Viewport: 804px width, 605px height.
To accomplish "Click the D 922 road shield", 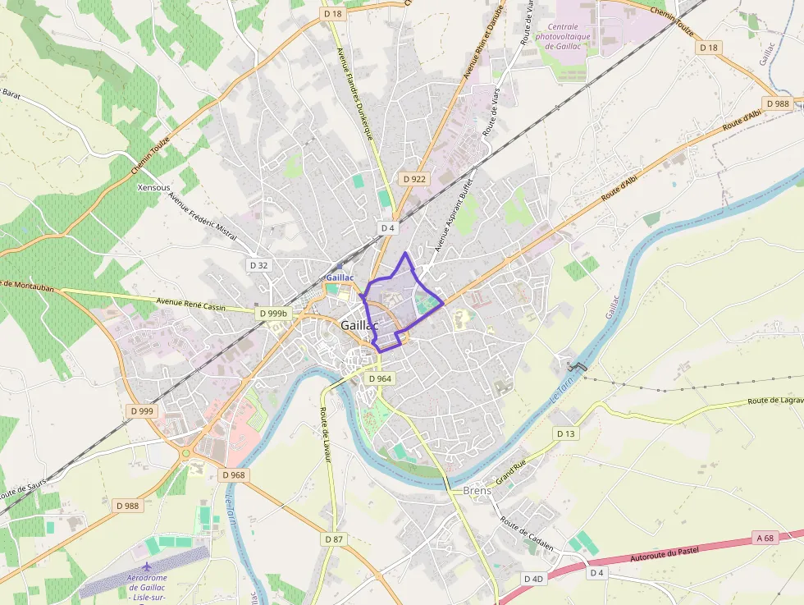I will (415, 178).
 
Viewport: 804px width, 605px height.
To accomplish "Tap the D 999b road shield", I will (273, 313).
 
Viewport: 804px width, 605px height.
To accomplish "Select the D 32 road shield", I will (258, 265).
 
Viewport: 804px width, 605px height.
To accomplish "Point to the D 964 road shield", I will (380, 378).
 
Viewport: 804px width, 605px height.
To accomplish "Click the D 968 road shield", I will (233, 474).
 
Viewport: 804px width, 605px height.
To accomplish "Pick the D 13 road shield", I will (566, 433).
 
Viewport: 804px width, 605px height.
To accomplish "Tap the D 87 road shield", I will (333, 539).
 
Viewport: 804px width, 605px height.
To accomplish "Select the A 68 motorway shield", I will (765, 538).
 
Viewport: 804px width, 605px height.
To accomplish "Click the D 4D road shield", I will (533, 579).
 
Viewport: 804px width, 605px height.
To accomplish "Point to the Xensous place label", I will (154, 187).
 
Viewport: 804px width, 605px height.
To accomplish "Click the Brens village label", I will (477, 491).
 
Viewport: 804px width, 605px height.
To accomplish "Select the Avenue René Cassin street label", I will (190, 305).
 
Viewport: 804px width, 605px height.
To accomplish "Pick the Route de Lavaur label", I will (325, 437).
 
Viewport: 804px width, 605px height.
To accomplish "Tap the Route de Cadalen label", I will (528, 535).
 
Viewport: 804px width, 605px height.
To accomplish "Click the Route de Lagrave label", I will (775, 401).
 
